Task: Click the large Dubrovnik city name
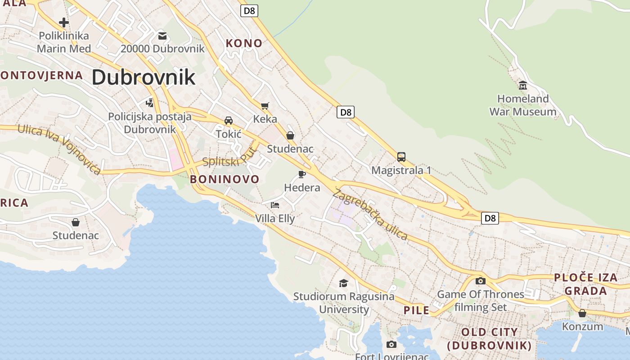[x=144, y=77]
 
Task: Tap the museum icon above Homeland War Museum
[x=523, y=85]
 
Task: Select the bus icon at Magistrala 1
[x=401, y=157]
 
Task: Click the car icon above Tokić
[x=229, y=121]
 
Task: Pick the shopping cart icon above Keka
[x=265, y=106]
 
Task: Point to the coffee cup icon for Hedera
[x=302, y=174]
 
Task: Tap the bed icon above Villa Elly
[x=275, y=205]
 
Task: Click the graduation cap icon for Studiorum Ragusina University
[x=344, y=283]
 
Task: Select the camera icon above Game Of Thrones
[x=481, y=281]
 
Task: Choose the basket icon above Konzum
[x=582, y=313]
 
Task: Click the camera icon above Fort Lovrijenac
[x=391, y=344]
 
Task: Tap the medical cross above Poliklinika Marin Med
[x=64, y=22]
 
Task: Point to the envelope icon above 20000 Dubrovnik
[x=162, y=36]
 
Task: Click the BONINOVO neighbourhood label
[x=225, y=179]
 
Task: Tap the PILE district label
[x=416, y=310]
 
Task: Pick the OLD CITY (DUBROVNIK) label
[x=490, y=339]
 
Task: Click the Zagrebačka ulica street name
[x=370, y=215]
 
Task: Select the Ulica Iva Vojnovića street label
[x=59, y=149]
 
